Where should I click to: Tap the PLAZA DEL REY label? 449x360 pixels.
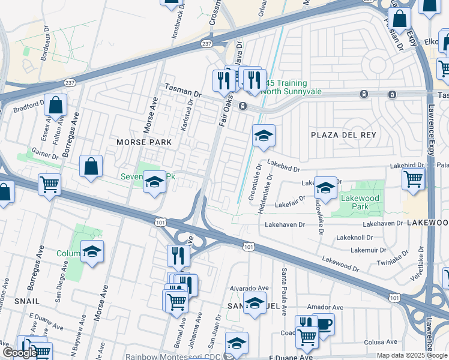pyautogui.click(x=343, y=135)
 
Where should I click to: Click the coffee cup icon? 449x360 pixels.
pyautogui.click(x=324, y=325)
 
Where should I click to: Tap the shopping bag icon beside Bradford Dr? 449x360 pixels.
pyautogui.click(x=55, y=106)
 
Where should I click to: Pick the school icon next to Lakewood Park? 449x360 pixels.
pyautogui.click(x=325, y=188)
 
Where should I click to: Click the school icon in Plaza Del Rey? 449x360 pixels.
pyautogui.click(x=263, y=136)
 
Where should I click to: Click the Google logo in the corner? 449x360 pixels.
pyautogui.click(x=20, y=353)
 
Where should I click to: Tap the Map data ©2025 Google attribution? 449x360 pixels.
pyautogui.click(x=412, y=355)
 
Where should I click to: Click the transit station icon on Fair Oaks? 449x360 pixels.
pyautogui.click(x=243, y=106)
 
